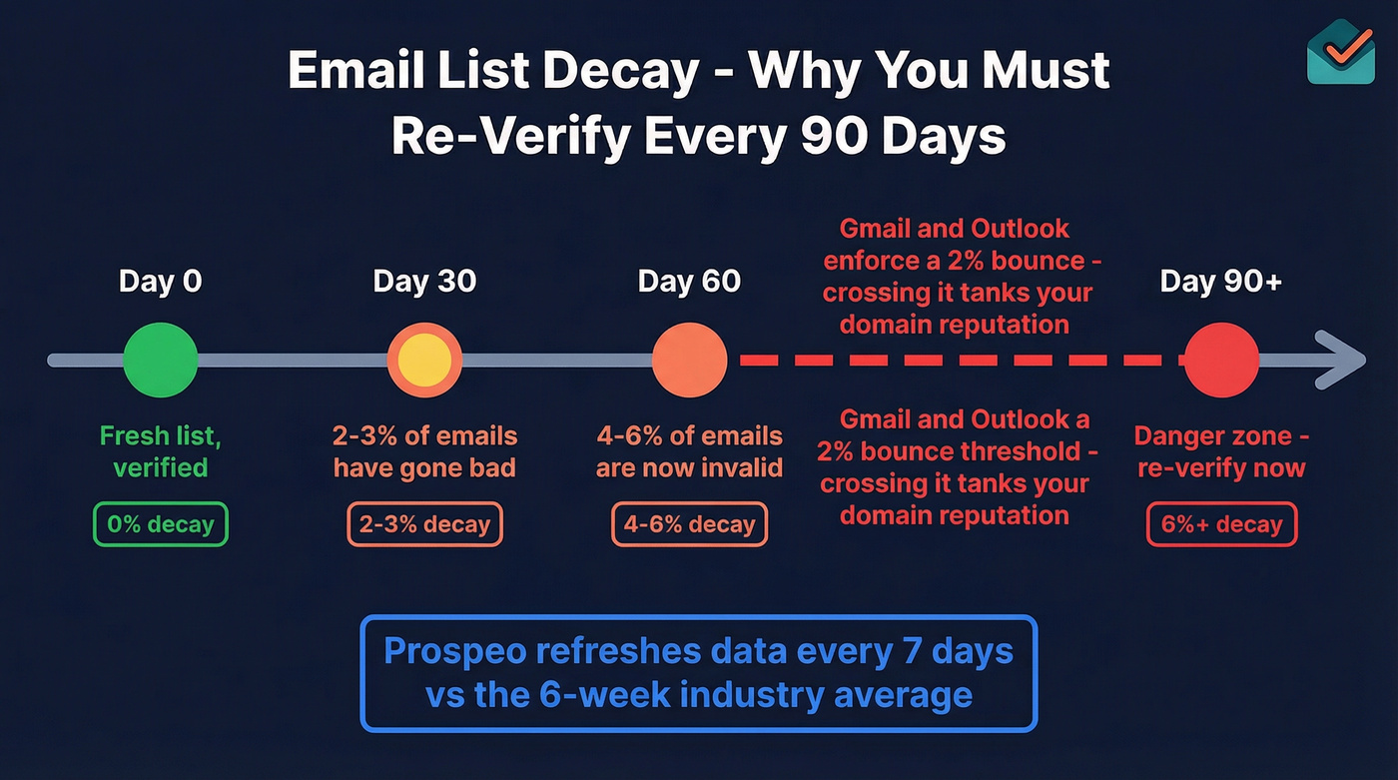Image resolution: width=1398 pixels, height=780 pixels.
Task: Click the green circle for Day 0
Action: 160,360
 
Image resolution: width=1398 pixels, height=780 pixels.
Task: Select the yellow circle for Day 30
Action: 424,360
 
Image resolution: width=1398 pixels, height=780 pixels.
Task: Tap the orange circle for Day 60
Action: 689,360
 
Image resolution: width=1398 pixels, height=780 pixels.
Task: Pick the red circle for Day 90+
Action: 1220,360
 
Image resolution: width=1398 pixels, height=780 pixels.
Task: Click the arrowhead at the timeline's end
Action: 1343,360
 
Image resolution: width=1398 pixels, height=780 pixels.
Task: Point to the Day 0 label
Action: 160,282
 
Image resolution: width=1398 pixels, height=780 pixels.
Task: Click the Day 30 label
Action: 424,282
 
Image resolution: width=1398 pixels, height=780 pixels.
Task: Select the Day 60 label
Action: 689,282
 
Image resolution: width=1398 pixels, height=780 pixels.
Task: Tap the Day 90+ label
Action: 1220,282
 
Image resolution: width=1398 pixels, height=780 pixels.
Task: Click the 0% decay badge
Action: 160,524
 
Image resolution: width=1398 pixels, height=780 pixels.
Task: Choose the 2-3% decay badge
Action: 424,524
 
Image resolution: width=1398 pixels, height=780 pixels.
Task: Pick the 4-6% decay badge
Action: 689,524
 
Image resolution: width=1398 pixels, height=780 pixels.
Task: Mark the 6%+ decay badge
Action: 1220,524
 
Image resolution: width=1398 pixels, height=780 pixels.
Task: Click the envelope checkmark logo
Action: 1340,50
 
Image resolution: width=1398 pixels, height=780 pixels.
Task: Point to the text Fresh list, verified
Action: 160,451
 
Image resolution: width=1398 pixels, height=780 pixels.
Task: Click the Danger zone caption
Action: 1220,451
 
